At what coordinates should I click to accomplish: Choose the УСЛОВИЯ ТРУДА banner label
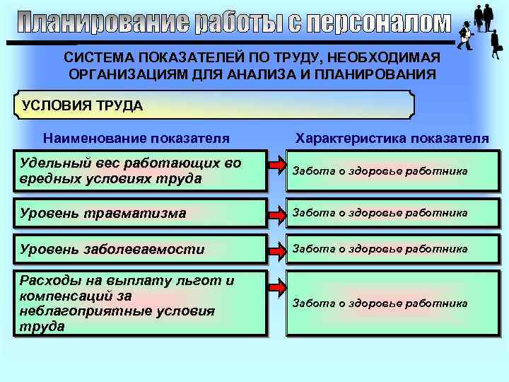[83, 106]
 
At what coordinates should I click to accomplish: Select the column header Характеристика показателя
[392, 138]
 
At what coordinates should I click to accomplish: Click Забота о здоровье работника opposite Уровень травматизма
[380, 212]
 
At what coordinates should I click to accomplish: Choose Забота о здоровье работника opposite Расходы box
[380, 303]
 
